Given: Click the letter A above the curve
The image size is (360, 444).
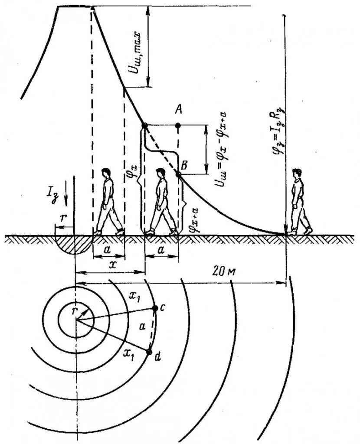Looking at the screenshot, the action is point(177,111).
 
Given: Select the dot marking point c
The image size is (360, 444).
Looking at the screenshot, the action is point(155,308).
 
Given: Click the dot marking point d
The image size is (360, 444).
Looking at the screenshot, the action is point(150,352).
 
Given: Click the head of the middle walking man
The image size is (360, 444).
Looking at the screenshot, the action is point(160,173).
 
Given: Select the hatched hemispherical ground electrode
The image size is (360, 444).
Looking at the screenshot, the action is point(75,244).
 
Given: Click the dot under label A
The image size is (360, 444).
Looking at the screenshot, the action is point(178,126).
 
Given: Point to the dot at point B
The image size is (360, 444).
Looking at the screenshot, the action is point(178,174).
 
